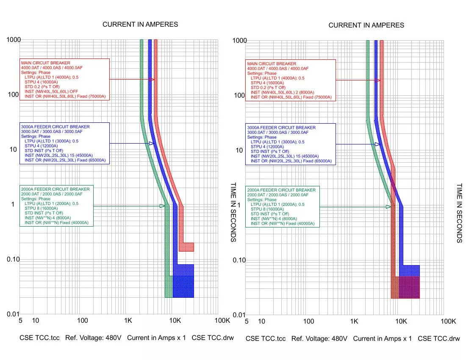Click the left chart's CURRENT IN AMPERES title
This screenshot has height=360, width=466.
click(140, 25)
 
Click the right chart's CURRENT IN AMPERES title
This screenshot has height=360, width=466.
click(366, 25)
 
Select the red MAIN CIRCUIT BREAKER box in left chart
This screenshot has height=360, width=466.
click(64, 79)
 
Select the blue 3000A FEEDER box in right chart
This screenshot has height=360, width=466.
click(291, 144)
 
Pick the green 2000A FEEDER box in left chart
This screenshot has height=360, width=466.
click(56, 205)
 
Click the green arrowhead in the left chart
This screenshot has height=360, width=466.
click(162, 206)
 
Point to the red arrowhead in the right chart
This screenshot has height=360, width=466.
click(378, 80)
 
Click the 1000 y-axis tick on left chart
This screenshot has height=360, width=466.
click(14, 39)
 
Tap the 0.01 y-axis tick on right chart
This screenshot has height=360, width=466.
click(239, 315)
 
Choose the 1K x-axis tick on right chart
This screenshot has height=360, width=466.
click(354, 321)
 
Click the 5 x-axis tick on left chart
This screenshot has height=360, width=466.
click(20, 321)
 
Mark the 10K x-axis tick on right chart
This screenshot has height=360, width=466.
click(401, 321)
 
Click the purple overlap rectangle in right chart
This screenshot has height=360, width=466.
click(409, 287)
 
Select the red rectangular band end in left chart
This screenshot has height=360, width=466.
click(186, 247)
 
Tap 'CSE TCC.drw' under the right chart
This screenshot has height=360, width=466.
click(438, 339)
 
